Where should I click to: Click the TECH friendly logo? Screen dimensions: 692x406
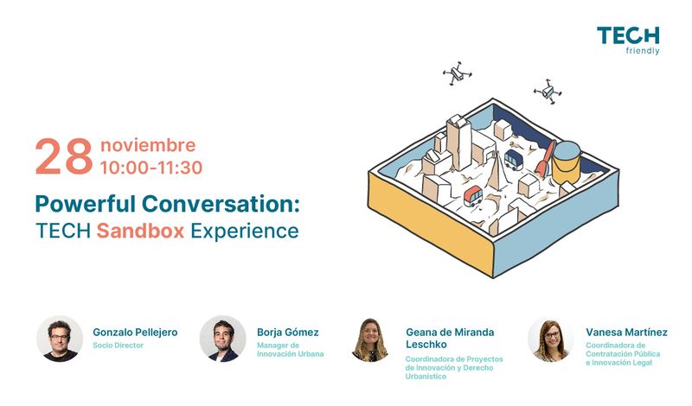628,41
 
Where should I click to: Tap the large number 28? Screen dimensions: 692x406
64,156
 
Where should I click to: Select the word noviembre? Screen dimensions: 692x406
148,145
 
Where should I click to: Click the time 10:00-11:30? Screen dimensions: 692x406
151,168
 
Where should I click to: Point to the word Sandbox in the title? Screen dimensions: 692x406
140,231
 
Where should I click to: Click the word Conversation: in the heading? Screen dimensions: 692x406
221,204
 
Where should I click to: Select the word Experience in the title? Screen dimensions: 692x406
245,232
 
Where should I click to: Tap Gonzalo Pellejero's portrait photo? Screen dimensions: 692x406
60,339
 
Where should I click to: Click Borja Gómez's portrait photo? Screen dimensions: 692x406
223,339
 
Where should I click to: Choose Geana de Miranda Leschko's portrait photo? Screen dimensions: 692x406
370,339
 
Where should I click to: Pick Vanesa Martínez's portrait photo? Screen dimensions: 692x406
551,339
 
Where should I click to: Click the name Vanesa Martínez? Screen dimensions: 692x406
626,332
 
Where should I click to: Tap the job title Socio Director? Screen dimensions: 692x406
118,346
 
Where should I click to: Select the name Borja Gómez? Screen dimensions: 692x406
288,333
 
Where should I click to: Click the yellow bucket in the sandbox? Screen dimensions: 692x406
566,162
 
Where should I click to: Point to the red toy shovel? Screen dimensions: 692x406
545,158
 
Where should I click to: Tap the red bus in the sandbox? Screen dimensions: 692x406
473,196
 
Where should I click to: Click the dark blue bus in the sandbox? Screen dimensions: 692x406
514,160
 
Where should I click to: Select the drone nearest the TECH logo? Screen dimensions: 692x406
548,92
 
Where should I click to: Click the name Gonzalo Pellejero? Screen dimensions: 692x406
135,333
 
